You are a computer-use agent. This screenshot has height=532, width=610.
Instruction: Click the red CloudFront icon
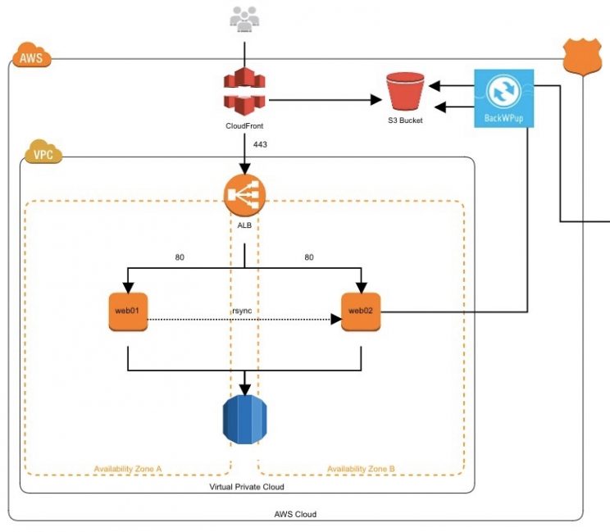tap(244, 92)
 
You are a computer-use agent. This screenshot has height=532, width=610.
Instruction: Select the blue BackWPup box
tap(504, 98)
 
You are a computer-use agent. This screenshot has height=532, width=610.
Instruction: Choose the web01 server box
tap(128, 311)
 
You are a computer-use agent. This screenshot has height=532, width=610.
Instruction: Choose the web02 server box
tap(362, 311)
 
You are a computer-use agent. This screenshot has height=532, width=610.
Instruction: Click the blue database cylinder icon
tap(245, 418)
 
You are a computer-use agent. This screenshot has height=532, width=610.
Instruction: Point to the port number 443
tap(260, 145)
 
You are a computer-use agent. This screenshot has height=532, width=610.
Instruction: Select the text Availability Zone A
tap(128, 469)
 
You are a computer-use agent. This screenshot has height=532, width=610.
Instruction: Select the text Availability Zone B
tap(361, 469)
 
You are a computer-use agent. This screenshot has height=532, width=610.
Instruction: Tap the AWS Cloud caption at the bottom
tap(295, 514)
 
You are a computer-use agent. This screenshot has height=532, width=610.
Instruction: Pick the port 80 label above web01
tap(180, 257)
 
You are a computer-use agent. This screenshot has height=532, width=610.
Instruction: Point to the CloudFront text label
tap(244, 126)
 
